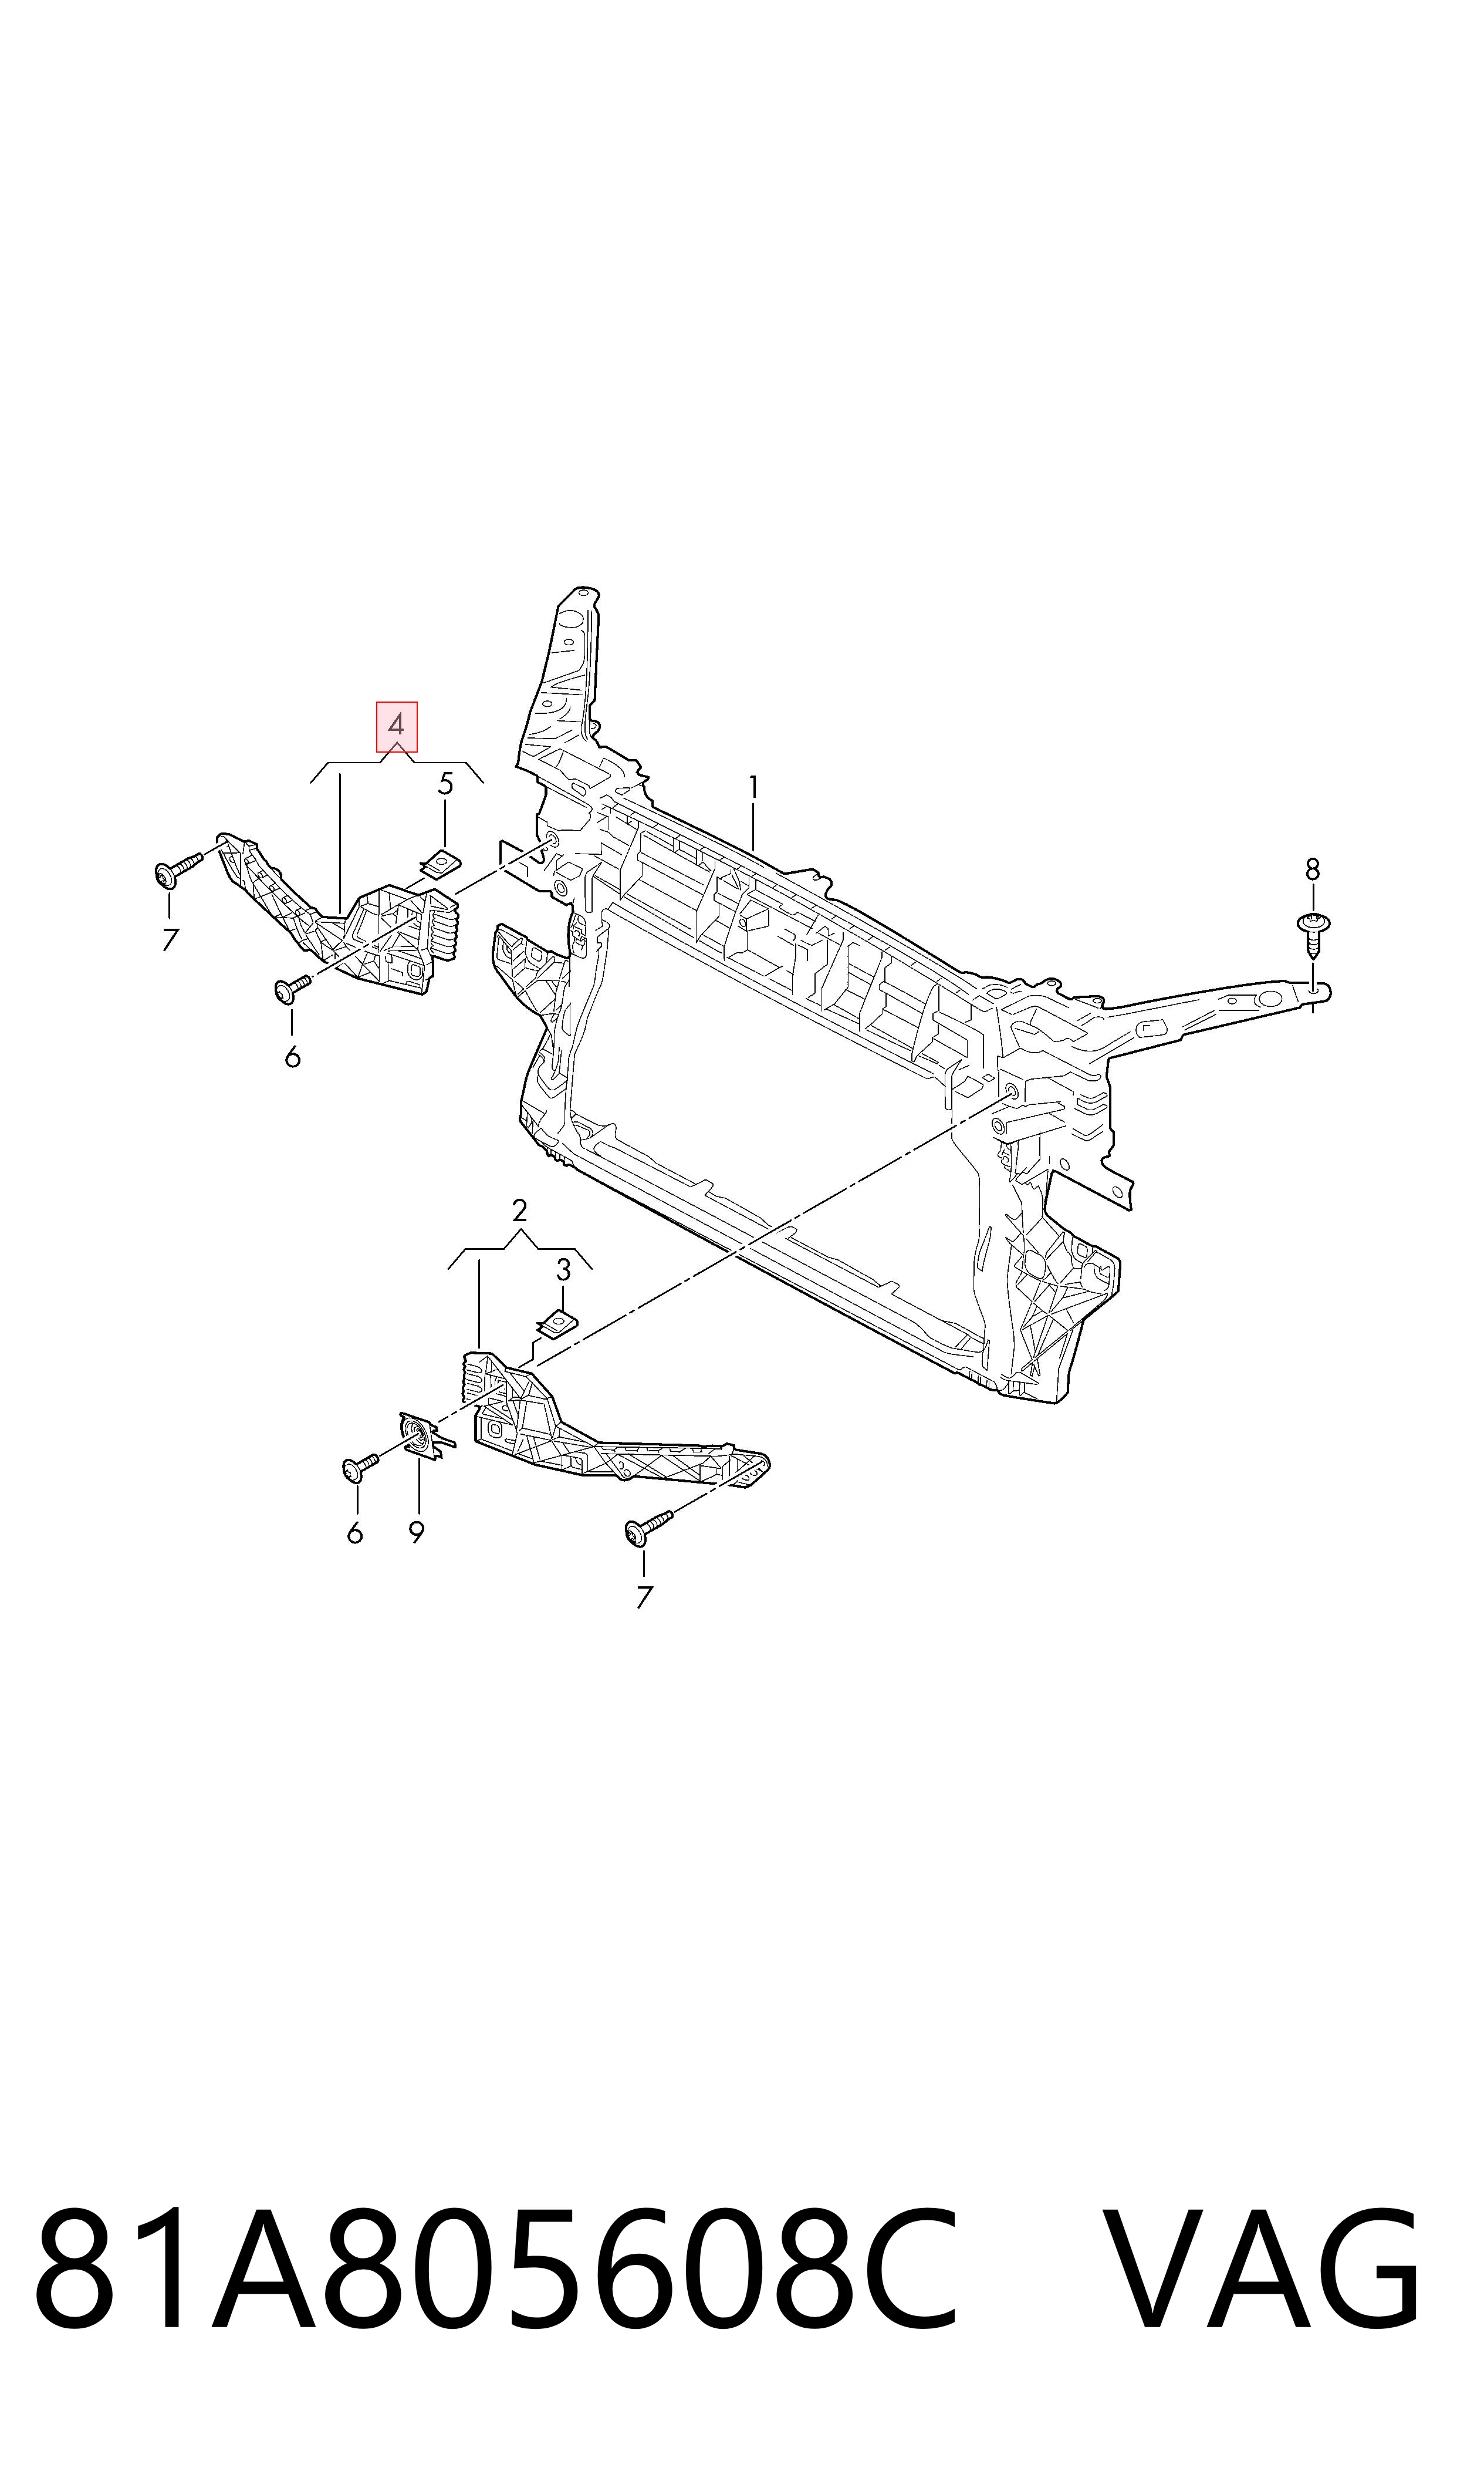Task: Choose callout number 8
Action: pos(1313,869)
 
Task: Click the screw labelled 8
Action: pos(1314,934)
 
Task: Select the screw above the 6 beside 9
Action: pos(360,1467)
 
